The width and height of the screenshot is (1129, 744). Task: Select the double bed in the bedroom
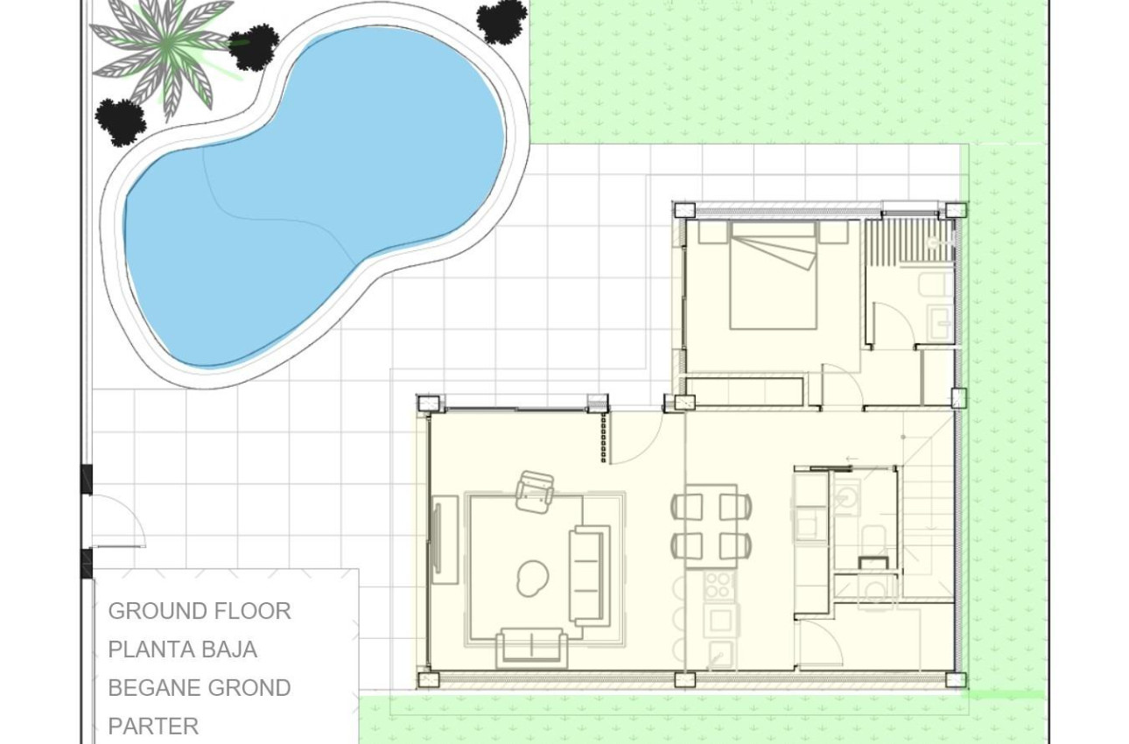tap(773, 276)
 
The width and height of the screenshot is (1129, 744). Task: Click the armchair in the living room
tap(535, 491)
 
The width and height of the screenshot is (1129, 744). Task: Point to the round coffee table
tap(532, 578)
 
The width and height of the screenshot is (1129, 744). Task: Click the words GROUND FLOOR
tap(200, 611)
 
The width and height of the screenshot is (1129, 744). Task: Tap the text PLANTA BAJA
tap(183, 649)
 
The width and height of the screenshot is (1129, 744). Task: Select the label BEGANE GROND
tap(200, 688)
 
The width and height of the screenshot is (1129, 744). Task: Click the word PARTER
tap(153, 726)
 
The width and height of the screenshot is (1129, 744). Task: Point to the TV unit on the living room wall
tap(445, 539)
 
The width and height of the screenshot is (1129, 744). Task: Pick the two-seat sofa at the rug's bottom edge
tap(531, 648)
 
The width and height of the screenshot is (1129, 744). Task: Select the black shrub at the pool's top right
tap(502, 20)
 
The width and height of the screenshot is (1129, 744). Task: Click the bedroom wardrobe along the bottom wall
tap(745, 390)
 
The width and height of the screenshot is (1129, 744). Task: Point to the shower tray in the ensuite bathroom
tap(907, 240)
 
